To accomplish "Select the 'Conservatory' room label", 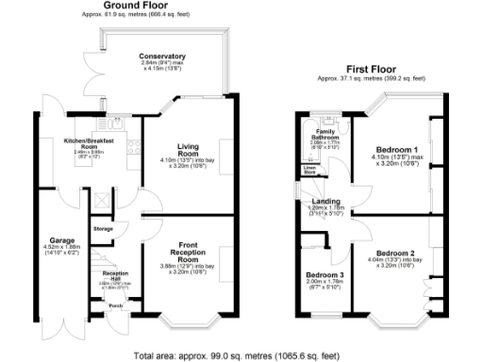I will (162, 56).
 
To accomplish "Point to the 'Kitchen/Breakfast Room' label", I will (89, 143).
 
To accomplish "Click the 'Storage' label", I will (104, 229).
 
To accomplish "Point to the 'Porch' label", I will (115, 305).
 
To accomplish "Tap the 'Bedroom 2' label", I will (394, 253).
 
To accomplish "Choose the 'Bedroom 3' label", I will (324, 276).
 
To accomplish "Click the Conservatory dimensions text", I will (161, 66).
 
